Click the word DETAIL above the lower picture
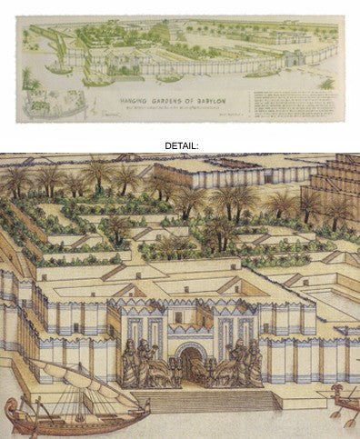click(x=180, y=145)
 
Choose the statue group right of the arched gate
click(x=241, y=364)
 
